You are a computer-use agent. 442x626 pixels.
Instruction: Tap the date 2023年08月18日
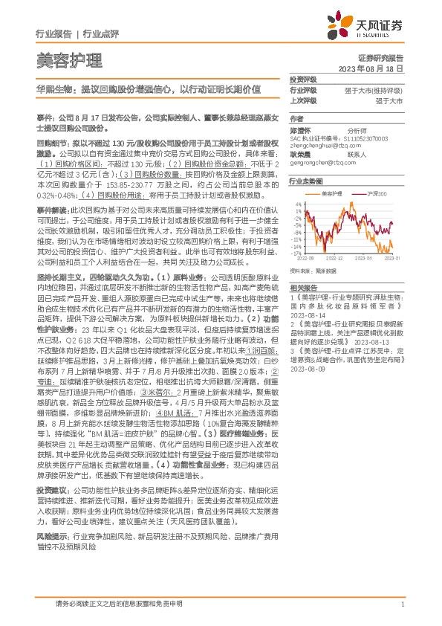pos(371,68)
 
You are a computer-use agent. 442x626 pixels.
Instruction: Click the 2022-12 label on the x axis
pos(338,258)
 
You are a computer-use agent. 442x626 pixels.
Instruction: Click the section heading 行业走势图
pos(306,181)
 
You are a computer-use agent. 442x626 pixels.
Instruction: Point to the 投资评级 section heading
pos(303,79)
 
